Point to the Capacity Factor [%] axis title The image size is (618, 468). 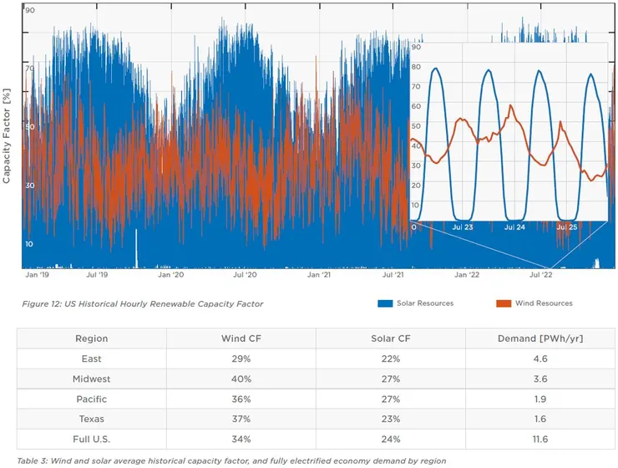pyautogui.click(x=7, y=137)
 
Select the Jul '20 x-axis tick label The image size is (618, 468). pyautogui.click(x=245, y=274)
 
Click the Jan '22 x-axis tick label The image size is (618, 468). pyautogui.click(x=466, y=274)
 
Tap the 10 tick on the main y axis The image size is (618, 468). pyautogui.click(x=30, y=243)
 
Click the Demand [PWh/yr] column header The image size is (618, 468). pyautogui.click(x=539, y=338)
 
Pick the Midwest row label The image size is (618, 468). pyautogui.click(x=91, y=379)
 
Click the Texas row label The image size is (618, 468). pyautogui.click(x=91, y=419)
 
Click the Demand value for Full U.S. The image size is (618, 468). pyautogui.click(x=539, y=439)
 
